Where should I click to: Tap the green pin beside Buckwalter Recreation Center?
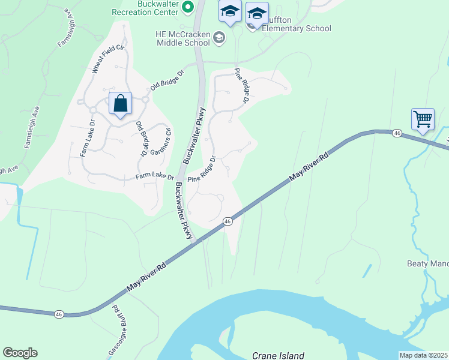point(187,7)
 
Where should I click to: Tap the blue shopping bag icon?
point(121,104)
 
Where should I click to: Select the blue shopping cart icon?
point(423,119)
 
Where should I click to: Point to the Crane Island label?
point(278,355)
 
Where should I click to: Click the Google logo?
point(20,353)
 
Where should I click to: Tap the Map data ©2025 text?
point(423,355)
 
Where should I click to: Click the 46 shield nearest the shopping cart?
point(397,132)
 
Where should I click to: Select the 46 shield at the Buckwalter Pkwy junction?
point(228,221)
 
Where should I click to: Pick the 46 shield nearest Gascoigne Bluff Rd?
point(58,314)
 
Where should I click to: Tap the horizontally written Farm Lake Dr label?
point(154,176)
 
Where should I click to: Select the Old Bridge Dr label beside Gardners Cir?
point(142,139)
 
